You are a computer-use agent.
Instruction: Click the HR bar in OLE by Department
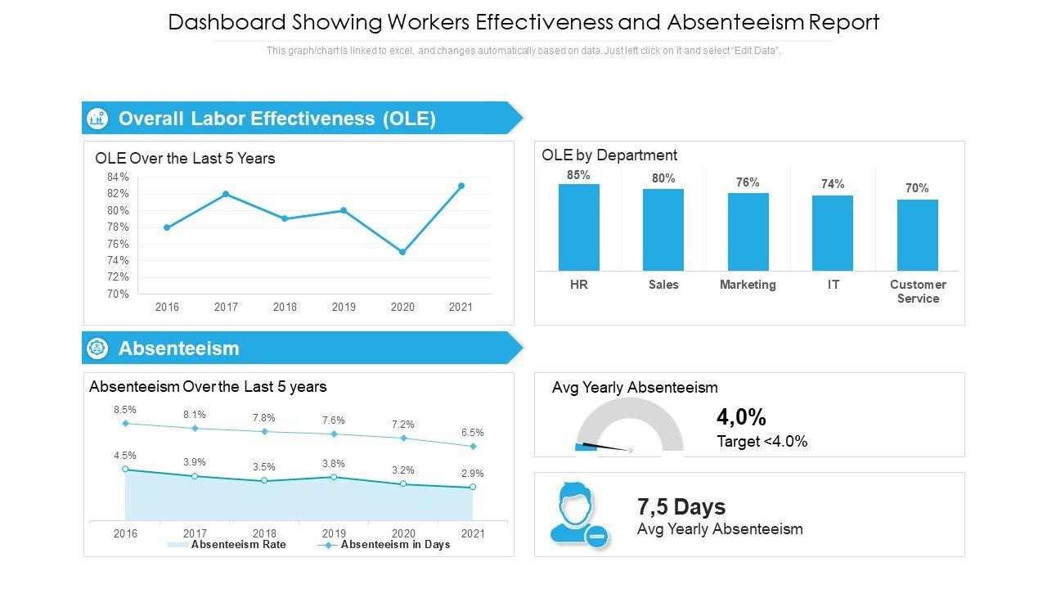point(579,227)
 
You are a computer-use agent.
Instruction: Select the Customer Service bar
point(917,235)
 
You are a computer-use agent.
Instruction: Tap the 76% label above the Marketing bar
point(748,182)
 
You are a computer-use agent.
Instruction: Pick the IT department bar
point(833,232)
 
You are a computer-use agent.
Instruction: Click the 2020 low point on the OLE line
point(402,252)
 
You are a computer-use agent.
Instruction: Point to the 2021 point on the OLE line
point(461,186)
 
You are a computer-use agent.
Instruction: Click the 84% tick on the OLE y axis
point(118,178)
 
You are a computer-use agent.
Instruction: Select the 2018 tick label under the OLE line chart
point(285,307)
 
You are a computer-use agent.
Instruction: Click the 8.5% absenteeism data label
point(125,409)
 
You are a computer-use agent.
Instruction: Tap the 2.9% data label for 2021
point(473,473)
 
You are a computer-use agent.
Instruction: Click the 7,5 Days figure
point(681,507)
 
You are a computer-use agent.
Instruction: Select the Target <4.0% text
point(762,442)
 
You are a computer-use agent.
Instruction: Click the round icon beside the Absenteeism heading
point(97,348)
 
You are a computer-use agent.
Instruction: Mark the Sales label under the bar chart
point(663,285)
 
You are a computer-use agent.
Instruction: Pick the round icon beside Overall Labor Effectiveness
point(97,119)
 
